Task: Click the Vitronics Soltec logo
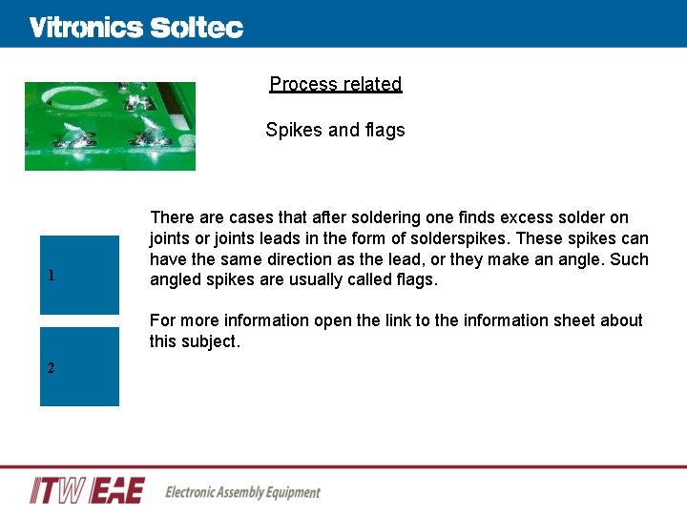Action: click(x=136, y=28)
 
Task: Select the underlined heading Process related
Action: click(x=336, y=84)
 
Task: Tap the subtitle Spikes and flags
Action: click(x=335, y=130)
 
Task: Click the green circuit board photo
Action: click(x=110, y=126)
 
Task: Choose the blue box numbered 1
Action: click(x=79, y=275)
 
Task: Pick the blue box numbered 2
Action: click(x=79, y=366)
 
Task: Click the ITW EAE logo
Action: click(x=87, y=490)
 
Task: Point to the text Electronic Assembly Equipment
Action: click(x=243, y=492)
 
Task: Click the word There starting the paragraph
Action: click(x=172, y=217)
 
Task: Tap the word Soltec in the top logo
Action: click(x=197, y=28)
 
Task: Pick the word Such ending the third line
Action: click(x=629, y=259)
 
